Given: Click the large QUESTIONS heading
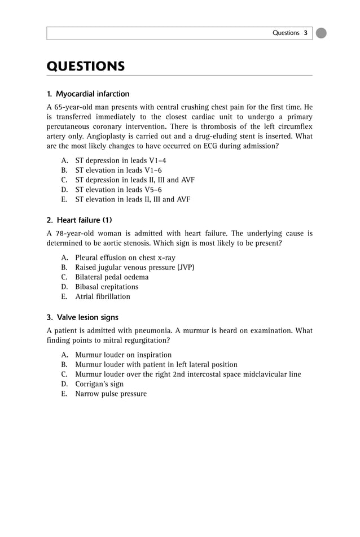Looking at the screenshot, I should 85,67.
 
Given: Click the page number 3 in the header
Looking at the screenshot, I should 305,33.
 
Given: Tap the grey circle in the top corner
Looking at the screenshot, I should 321,33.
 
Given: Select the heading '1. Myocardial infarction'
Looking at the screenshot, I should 88,94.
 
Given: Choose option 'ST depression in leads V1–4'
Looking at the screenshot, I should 121,160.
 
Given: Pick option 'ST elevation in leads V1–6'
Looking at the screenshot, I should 118,170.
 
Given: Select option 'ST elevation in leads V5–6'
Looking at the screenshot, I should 118,190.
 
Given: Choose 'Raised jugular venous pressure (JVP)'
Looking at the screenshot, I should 135,267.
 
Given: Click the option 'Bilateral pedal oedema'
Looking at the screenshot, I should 112,277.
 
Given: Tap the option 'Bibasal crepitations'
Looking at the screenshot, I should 107,287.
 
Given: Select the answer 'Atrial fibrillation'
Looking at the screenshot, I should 103,296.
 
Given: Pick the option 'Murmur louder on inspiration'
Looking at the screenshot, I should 124,355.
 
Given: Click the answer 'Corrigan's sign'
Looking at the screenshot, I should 99,384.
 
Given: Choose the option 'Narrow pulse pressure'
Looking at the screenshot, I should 111,394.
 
